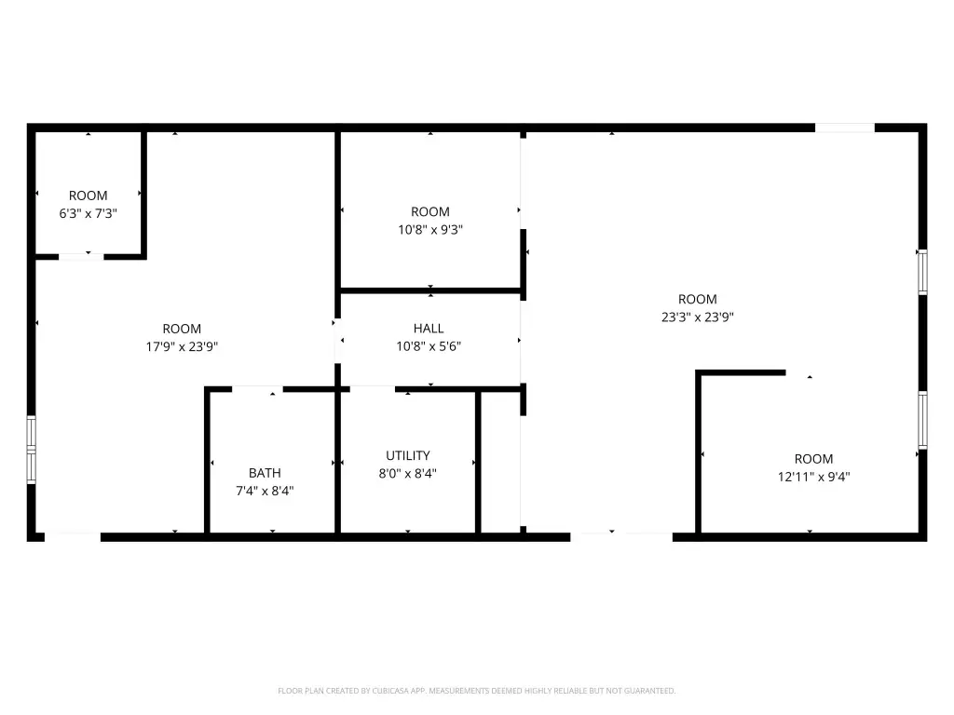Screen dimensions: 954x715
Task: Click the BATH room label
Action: point(265,472)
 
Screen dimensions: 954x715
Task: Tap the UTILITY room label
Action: point(408,455)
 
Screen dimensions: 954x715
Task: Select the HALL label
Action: point(429,329)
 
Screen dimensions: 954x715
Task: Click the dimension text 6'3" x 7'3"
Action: point(88,213)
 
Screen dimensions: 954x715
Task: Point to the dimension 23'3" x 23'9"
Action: point(697,317)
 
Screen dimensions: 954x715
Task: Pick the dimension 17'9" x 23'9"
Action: point(182,346)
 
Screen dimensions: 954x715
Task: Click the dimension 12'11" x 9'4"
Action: point(813,477)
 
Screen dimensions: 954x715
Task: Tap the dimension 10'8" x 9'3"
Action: point(430,230)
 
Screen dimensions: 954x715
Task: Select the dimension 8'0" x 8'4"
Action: point(408,474)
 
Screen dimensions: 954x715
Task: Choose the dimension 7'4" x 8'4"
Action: point(265,491)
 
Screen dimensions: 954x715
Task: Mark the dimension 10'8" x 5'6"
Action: point(429,346)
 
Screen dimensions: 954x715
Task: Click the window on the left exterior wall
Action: point(31,450)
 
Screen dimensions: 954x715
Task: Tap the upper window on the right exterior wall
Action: point(922,272)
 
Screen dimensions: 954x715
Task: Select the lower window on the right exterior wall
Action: point(922,420)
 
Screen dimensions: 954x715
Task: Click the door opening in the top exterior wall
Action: point(844,128)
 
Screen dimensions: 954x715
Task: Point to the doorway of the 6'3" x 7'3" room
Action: point(81,257)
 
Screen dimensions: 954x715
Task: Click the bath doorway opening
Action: point(257,389)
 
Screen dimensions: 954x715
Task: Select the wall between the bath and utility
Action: point(337,462)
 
